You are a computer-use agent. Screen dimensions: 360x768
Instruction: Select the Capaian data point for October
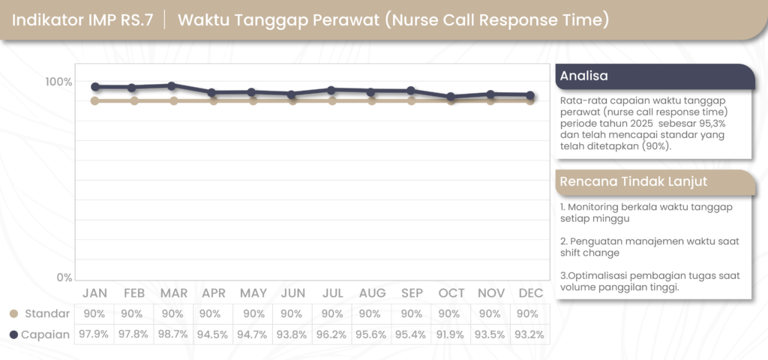coord(451,97)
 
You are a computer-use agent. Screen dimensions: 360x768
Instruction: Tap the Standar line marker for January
coord(94,100)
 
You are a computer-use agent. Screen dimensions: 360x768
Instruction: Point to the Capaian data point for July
coord(331,90)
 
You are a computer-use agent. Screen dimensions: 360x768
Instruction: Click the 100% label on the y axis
coord(58,82)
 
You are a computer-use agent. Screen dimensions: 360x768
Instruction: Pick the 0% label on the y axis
coord(64,277)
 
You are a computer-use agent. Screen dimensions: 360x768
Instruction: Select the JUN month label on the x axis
coord(292,292)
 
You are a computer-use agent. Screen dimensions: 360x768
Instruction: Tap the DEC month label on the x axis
coord(530,292)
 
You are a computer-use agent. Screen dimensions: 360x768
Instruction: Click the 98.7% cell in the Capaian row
coord(172,334)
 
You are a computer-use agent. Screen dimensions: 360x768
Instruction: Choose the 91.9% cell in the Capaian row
coord(450,334)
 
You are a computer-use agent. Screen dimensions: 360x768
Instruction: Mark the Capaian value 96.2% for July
coord(332,334)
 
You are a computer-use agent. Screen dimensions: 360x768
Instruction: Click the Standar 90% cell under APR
coord(214,313)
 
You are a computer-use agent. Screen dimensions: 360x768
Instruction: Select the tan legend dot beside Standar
coord(13,313)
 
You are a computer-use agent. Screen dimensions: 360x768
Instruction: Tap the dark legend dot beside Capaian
coord(13,334)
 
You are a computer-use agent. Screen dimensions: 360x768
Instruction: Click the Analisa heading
coord(584,76)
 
